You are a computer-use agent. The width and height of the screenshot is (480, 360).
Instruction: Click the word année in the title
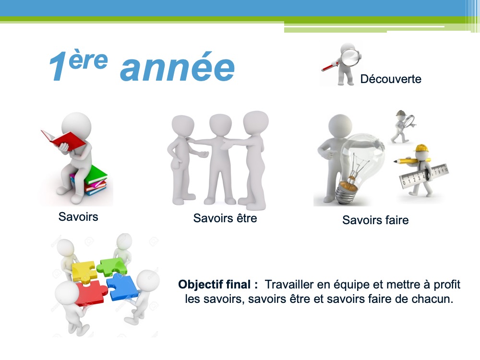click(x=177, y=68)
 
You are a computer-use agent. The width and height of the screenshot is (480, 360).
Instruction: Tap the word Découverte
click(x=391, y=79)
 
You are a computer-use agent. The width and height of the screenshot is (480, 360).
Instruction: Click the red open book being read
click(x=63, y=140)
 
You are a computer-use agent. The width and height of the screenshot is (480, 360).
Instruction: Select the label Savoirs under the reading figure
click(x=78, y=217)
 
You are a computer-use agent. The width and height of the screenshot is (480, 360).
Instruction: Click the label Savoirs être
click(x=225, y=218)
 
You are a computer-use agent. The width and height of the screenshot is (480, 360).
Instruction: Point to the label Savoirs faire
click(x=375, y=220)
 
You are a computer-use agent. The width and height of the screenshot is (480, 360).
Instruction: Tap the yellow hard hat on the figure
click(x=422, y=148)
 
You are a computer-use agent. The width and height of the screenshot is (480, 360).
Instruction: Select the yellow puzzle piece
click(x=84, y=271)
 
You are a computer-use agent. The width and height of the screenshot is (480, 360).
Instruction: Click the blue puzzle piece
click(x=123, y=287)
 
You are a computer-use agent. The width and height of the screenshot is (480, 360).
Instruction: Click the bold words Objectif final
click(x=218, y=284)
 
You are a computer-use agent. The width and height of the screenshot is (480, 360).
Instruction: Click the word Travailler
click(x=289, y=284)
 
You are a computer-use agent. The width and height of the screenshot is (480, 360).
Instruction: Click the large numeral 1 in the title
click(x=58, y=67)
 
